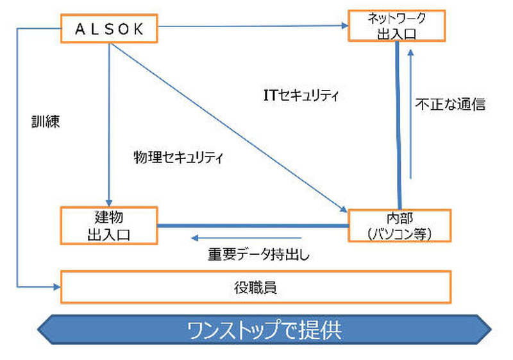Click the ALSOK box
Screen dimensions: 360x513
pyautogui.click(x=108, y=29)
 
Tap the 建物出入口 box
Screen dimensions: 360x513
pyautogui.click(x=108, y=226)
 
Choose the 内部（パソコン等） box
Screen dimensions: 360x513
pyautogui.click(x=399, y=225)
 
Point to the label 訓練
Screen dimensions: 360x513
pyautogui.click(x=46, y=122)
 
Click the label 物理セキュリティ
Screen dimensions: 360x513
pyautogui.click(x=178, y=156)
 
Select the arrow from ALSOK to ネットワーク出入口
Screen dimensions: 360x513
pyautogui.click(x=250, y=26)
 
